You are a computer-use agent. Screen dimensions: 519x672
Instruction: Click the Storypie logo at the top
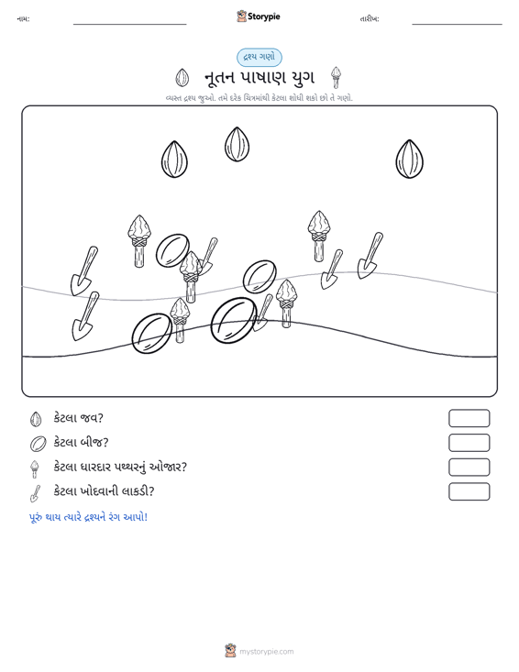[x=258, y=17]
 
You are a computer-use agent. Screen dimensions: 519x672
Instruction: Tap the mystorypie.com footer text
[x=266, y=652]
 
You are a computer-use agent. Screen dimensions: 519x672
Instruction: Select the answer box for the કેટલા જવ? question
[x=469, y=418]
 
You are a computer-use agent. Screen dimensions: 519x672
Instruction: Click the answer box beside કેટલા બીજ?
[x=469, y=443]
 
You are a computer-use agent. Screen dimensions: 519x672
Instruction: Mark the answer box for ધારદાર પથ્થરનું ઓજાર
[x=469, y=468]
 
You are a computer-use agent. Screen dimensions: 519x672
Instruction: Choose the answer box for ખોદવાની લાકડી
[x=469, y=491]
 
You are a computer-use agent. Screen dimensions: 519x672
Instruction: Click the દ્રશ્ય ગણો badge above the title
[x=259, y=58]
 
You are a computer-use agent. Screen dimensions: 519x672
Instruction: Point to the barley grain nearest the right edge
[x=409, y=159]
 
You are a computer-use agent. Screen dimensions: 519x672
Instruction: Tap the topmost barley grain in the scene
[x=237, y=145]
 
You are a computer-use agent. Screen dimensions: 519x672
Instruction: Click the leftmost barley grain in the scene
[x=174, y=159]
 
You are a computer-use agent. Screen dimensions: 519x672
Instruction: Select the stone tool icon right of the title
[x=337, y=78]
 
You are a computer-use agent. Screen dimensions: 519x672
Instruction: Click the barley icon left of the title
[x=182, y=78]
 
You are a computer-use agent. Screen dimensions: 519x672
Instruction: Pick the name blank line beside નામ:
[x=130, y=24]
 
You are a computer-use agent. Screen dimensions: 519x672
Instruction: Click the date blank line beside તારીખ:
[x=457, y=24]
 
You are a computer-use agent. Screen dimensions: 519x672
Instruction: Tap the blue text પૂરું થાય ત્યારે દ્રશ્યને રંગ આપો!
[x=88, y=517]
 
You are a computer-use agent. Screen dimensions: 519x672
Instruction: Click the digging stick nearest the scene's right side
[x=370, y=256]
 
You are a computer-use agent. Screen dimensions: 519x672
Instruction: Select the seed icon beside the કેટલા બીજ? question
[x=38, y=443]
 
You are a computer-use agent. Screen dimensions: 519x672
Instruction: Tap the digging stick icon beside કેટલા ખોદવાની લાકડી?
[x=35, y=493]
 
